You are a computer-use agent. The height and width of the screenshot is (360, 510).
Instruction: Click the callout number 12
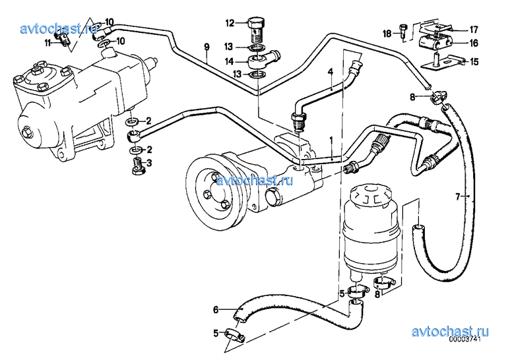[230, 23]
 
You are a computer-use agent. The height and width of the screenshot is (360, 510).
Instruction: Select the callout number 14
[230, 61]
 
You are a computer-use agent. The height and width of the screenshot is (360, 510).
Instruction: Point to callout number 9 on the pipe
[207, 47]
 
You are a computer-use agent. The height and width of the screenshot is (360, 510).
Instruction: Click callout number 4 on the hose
[331, 72]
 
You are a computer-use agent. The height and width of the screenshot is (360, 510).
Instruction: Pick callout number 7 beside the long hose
[458, 196]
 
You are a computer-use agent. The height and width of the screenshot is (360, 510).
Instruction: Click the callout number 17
[474, 30]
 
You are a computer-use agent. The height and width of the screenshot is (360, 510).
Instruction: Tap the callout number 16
[474, 43]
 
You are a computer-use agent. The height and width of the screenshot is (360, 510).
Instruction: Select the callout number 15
[474, 62]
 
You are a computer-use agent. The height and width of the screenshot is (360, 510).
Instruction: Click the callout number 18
[387, 34]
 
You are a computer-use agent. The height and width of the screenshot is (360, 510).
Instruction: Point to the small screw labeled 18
[403, 32]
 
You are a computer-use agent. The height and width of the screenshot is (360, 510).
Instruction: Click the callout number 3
[149, 163]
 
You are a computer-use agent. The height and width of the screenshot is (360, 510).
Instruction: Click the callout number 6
[216, 310]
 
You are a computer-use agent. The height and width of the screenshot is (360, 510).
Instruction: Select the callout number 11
[48, 43]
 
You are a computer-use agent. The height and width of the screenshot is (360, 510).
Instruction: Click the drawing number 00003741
[465, 339]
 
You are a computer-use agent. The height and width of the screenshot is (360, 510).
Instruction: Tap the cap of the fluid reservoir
[371, 195]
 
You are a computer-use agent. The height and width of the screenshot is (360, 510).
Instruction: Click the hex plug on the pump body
[272, 198]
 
